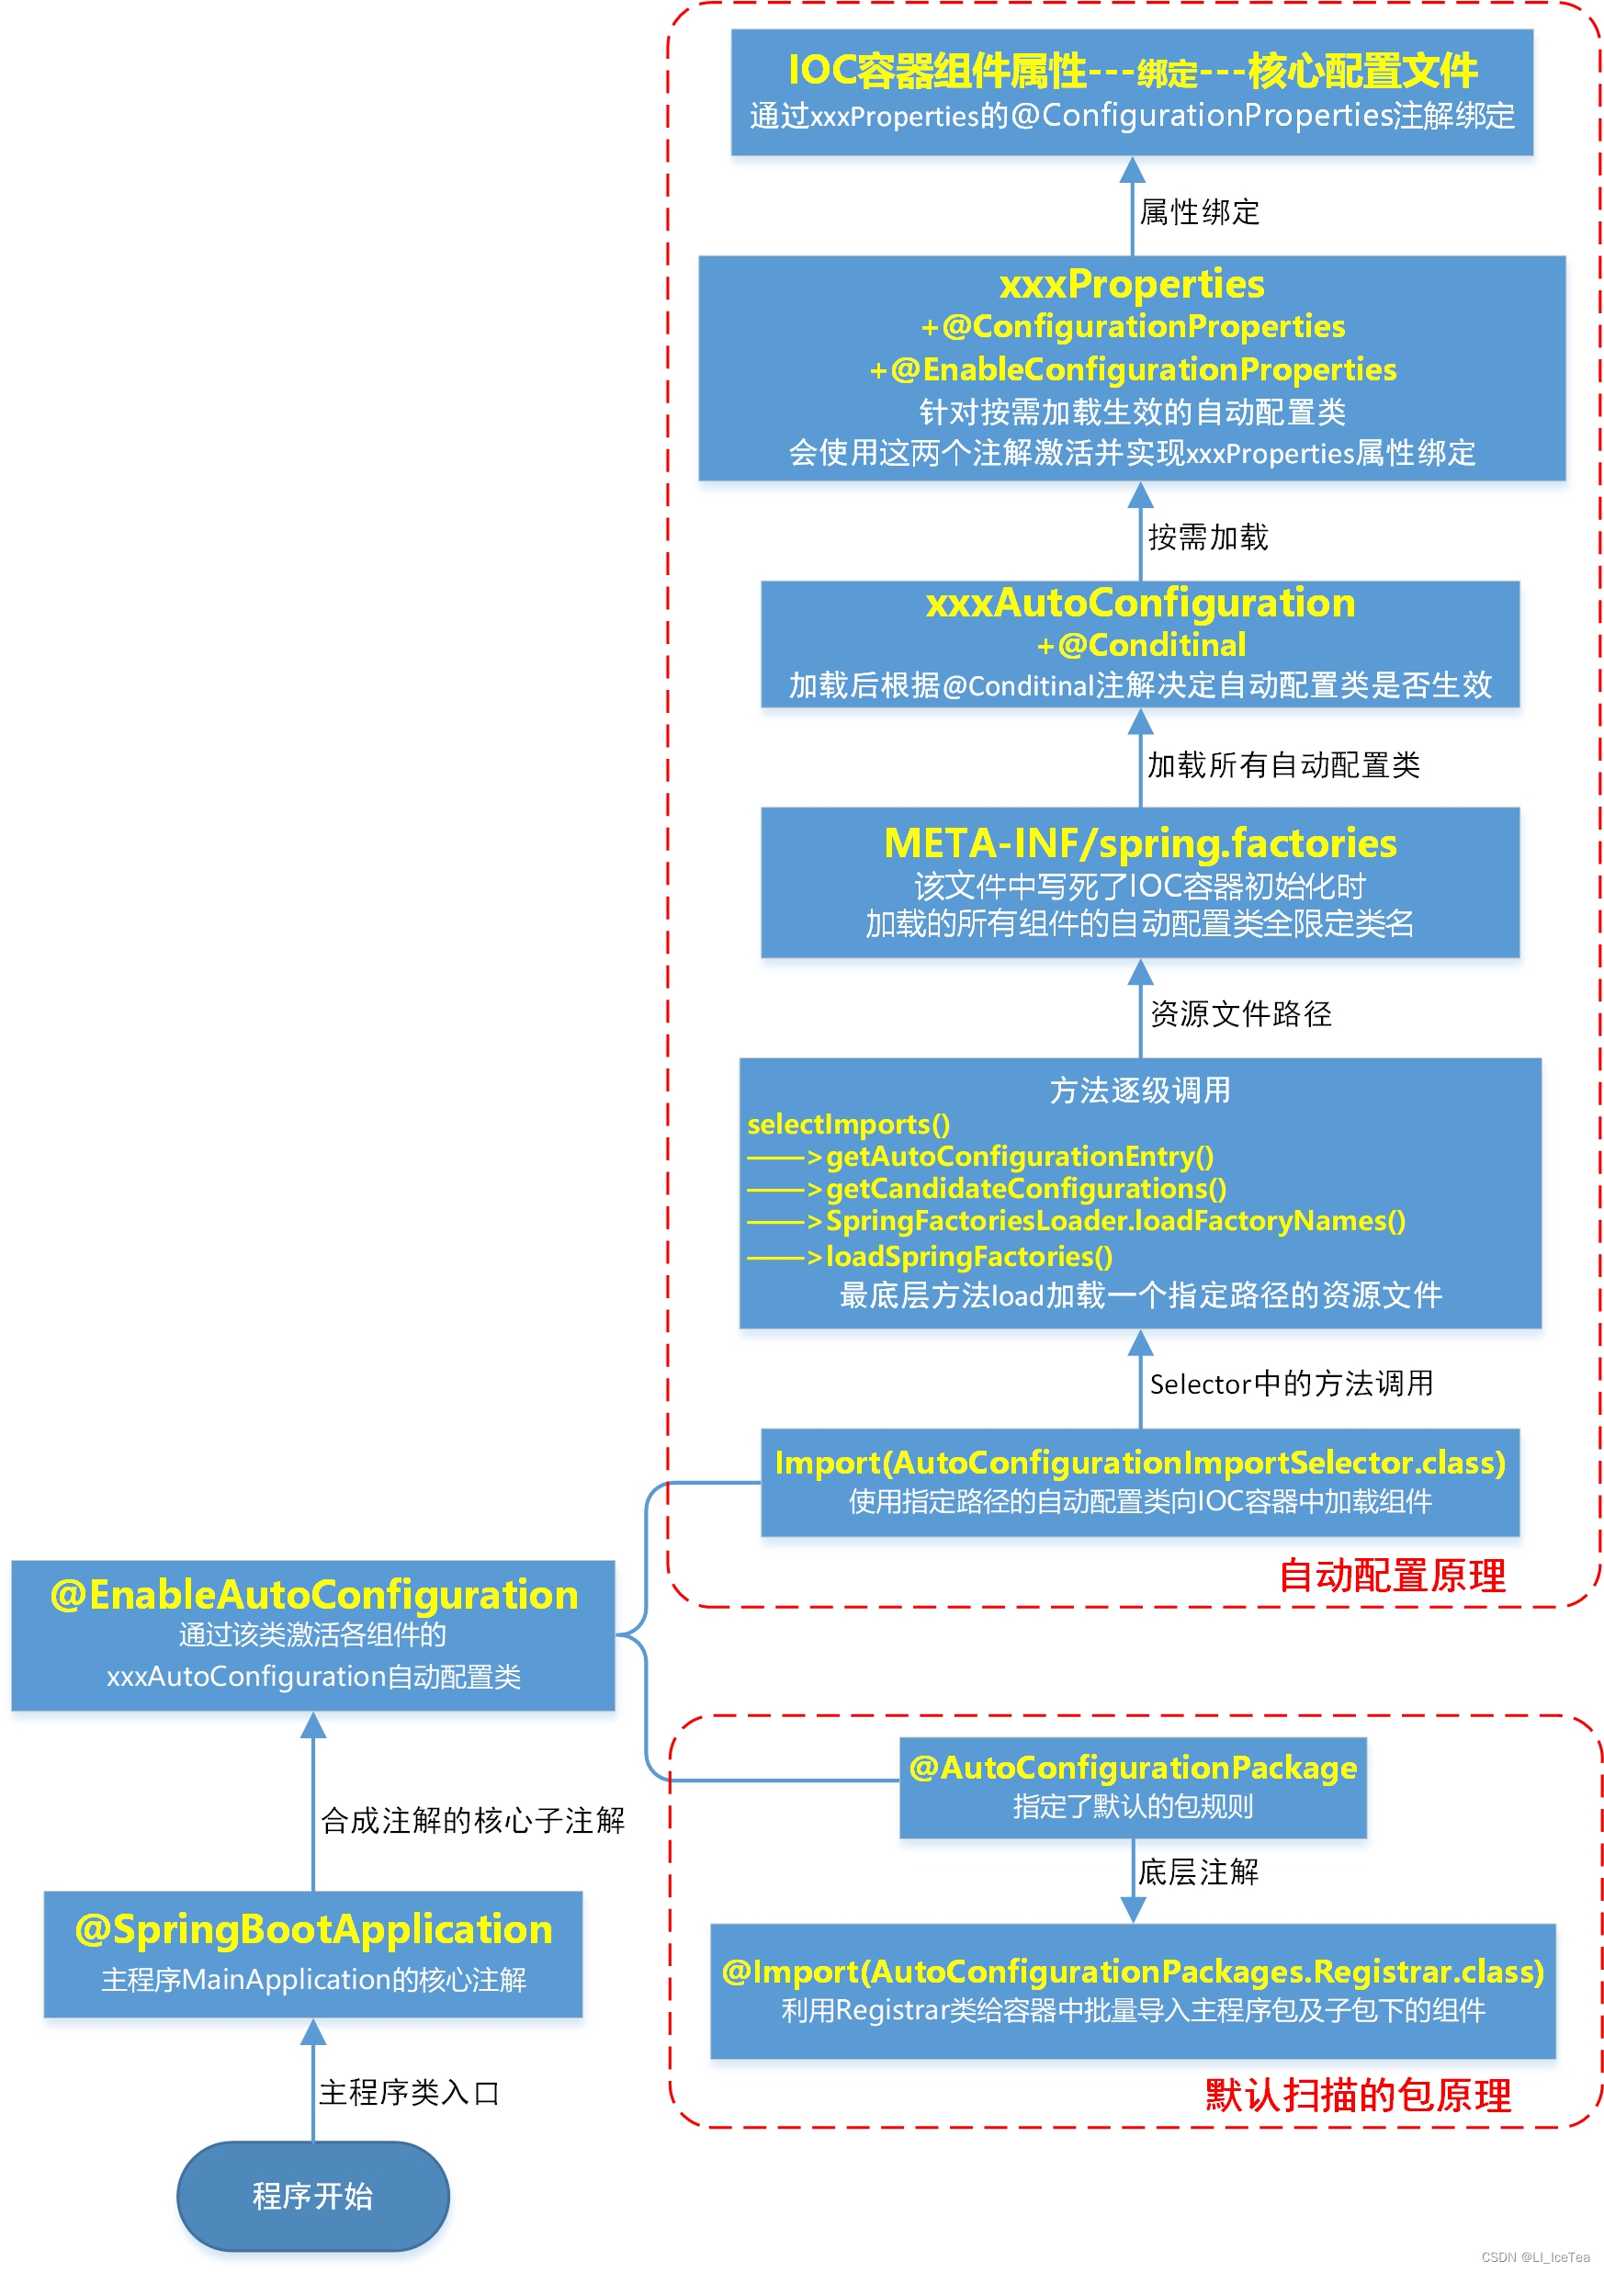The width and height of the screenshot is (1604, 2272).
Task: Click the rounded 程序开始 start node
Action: (x=312, y=2196)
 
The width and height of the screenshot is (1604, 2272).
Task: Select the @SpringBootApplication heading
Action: (x=313, y=1929)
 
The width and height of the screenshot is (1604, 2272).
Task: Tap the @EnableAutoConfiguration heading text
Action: (x=313, y=1595)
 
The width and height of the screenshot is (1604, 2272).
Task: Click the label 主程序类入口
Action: (x=409, y=2093)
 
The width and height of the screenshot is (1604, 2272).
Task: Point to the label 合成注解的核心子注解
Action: (x=472, y=1821)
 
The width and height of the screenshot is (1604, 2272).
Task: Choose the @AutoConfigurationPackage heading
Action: (x=1133, y=1768)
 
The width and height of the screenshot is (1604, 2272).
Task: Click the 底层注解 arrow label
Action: (x=1197, y=1872)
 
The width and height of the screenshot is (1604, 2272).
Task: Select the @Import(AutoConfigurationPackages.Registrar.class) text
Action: (x=1133, y=1972)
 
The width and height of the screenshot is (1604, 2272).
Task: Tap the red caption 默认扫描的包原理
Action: (x=1358, y=2095)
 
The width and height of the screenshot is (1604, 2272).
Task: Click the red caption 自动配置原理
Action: (x=1392, y=1576)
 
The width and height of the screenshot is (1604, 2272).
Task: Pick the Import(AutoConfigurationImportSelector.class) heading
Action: (x=1140, y=1463)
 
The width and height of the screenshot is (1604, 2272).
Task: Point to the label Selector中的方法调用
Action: (x=1292, y=1384)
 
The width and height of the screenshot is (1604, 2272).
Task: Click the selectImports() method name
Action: (x=848, y=1125)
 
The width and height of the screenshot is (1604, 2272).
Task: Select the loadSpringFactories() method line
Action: (x=968, y=1257)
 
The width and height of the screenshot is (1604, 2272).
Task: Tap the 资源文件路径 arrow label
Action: (x=1241, y=1013)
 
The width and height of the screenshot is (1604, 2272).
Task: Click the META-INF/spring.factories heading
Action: (x=1140, y=843)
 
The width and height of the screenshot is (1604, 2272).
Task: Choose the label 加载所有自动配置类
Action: (x=1283, y=765)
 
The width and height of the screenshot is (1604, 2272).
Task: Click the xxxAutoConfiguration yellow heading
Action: (x=1140, y=603)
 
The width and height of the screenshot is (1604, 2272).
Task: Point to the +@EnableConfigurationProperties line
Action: (x=1133, y=369)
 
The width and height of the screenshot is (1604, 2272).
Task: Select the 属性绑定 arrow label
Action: (x=1199, y=211)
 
